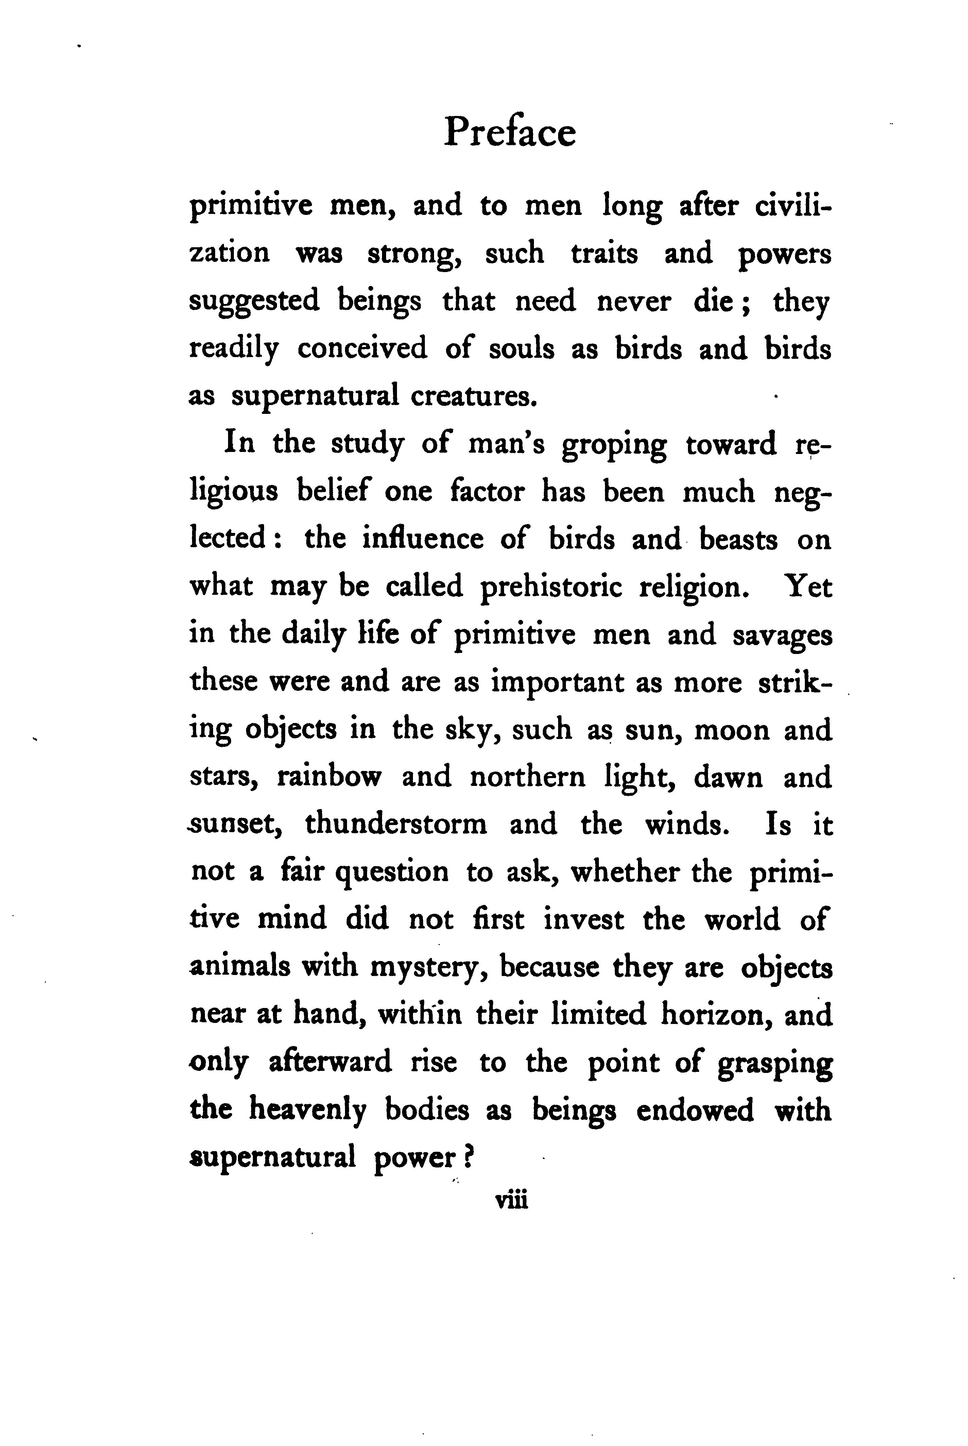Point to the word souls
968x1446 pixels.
point(521,349)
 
